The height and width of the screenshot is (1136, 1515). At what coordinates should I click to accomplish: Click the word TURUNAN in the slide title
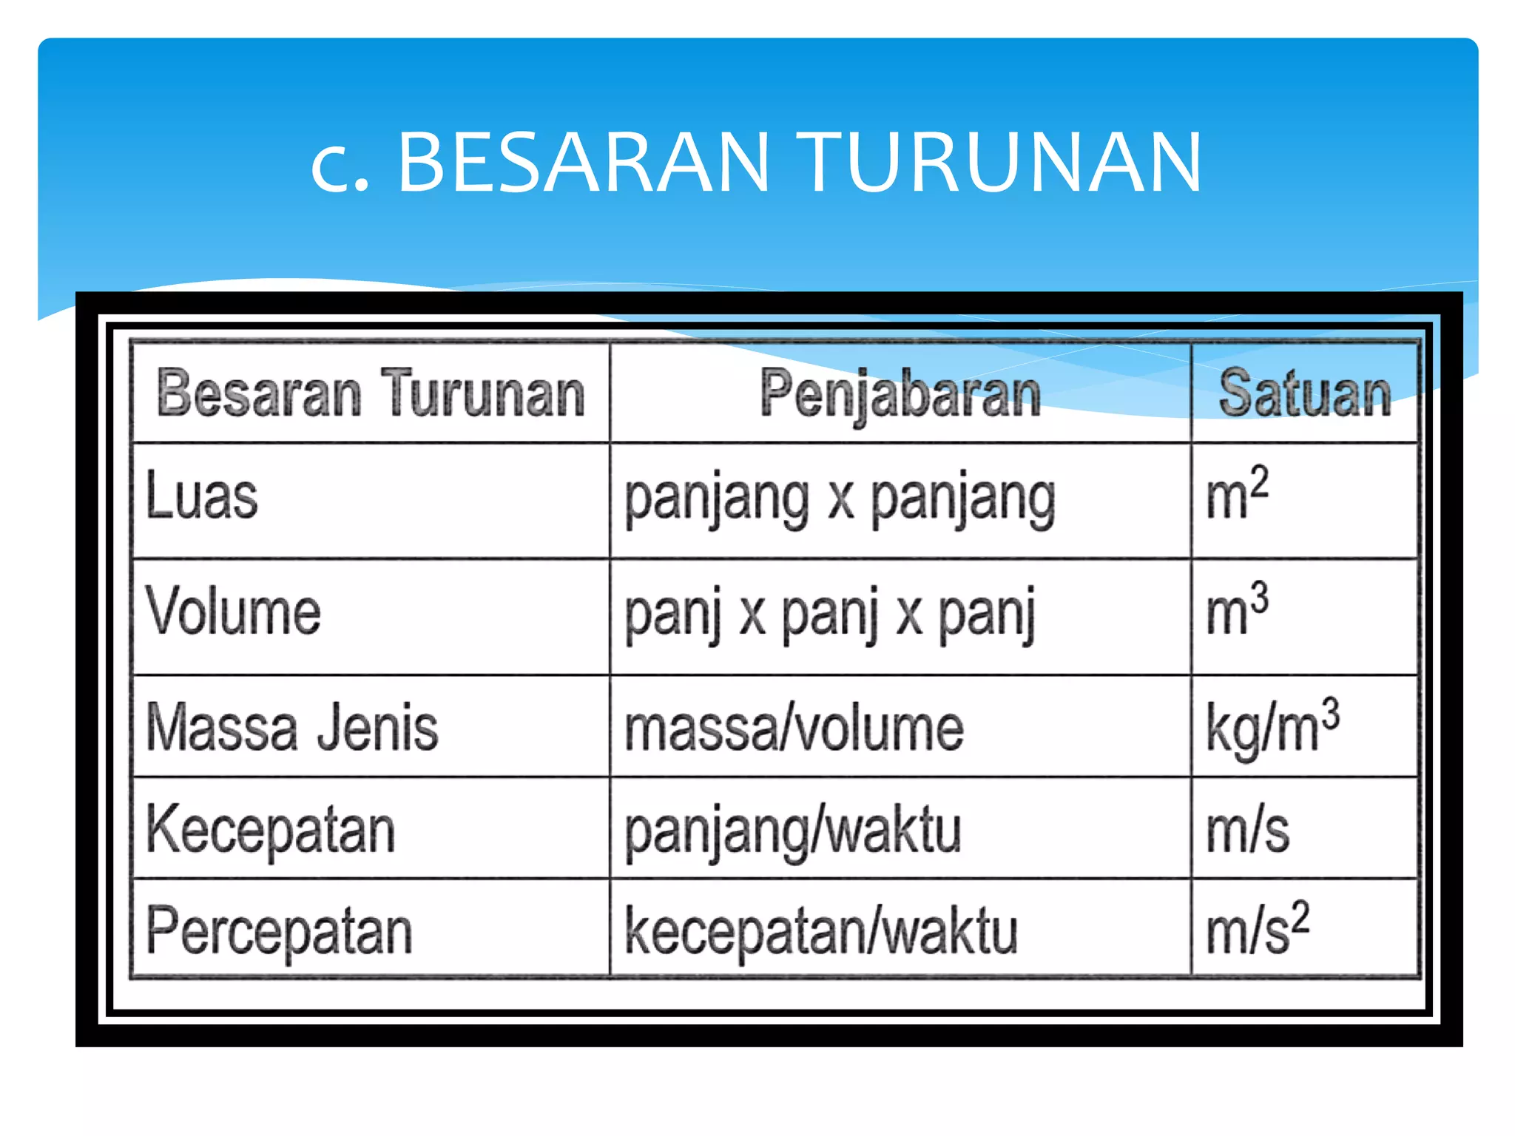(1002, 162)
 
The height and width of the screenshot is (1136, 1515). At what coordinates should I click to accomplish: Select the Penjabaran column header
(900, 394)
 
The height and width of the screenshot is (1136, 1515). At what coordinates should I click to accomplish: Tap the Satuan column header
(1305, 394)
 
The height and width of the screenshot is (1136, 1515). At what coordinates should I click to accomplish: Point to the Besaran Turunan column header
(371, 394)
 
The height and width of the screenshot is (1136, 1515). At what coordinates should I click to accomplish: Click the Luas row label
(202, 496)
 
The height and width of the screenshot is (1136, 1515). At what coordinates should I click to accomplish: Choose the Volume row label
(234, 612)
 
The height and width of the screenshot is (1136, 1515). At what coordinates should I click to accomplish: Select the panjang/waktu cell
(793, 833)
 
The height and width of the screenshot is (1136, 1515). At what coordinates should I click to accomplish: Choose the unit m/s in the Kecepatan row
(1247, 831)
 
